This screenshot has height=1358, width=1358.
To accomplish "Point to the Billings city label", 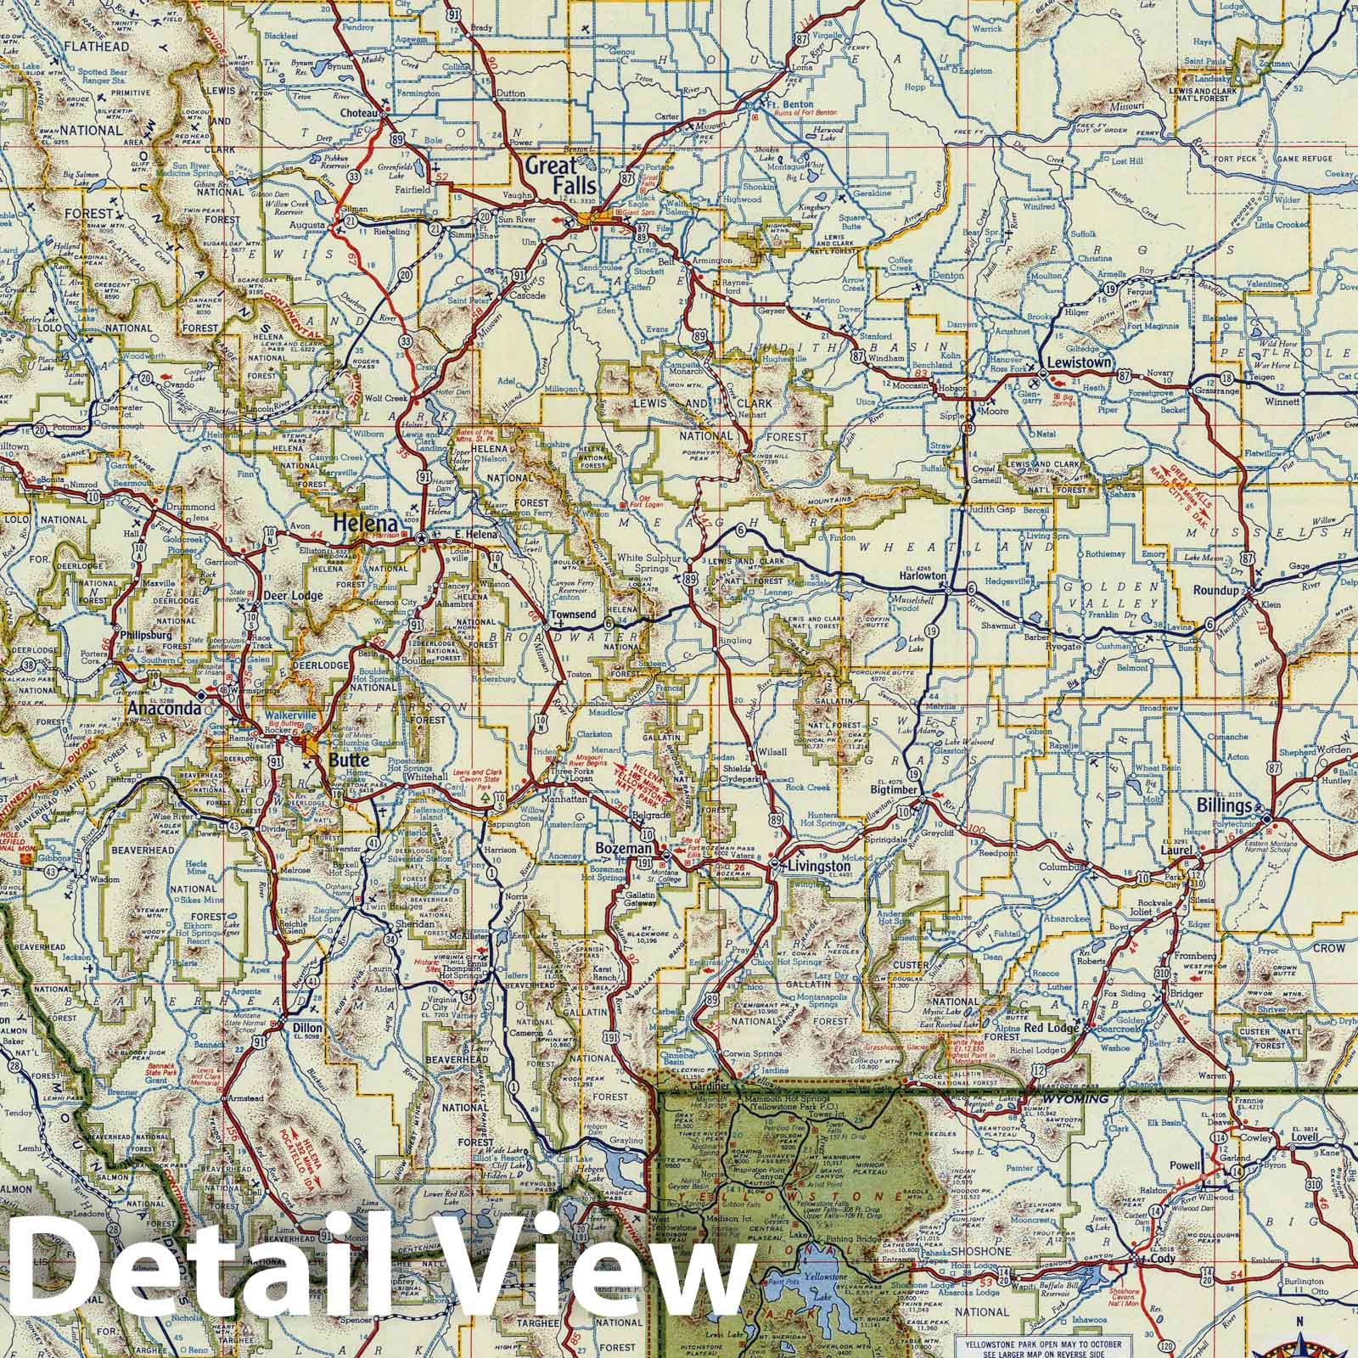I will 1224,805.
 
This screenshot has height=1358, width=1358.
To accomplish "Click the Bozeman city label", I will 625,849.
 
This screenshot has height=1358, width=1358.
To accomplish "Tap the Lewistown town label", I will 1079,362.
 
